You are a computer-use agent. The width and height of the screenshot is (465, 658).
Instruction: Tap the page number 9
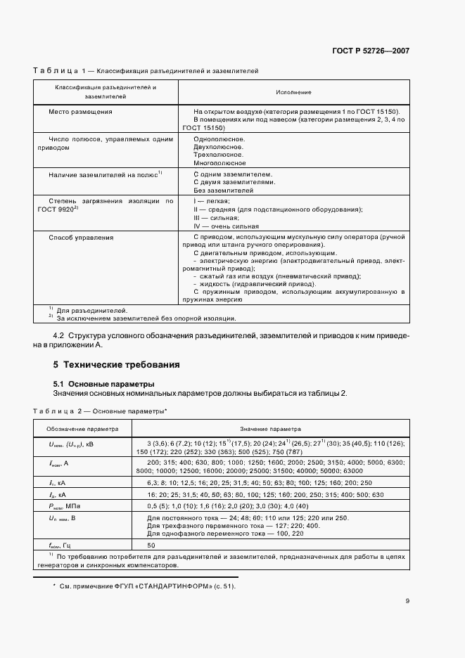[x=407, y=601]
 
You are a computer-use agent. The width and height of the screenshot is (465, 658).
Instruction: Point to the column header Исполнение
[x=294, y=92]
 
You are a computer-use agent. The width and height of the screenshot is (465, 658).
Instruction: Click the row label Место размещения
[x=80, y=112]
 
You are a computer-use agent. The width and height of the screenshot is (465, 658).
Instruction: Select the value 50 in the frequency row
[x=151, y=545]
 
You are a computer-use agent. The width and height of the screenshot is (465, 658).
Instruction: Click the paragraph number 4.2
[x=60, y=336]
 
